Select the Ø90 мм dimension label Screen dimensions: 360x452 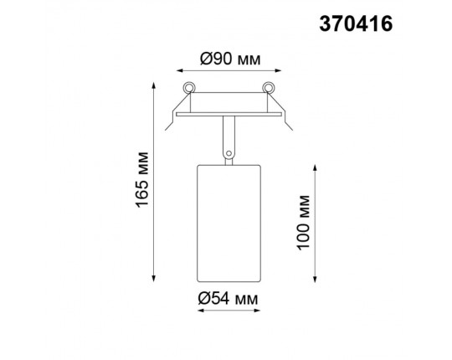228,59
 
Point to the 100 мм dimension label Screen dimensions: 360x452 303,221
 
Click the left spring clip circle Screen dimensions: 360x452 190,88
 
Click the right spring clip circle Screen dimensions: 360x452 268,88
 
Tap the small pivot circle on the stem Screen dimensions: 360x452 227,152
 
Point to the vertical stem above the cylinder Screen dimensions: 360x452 228,134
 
